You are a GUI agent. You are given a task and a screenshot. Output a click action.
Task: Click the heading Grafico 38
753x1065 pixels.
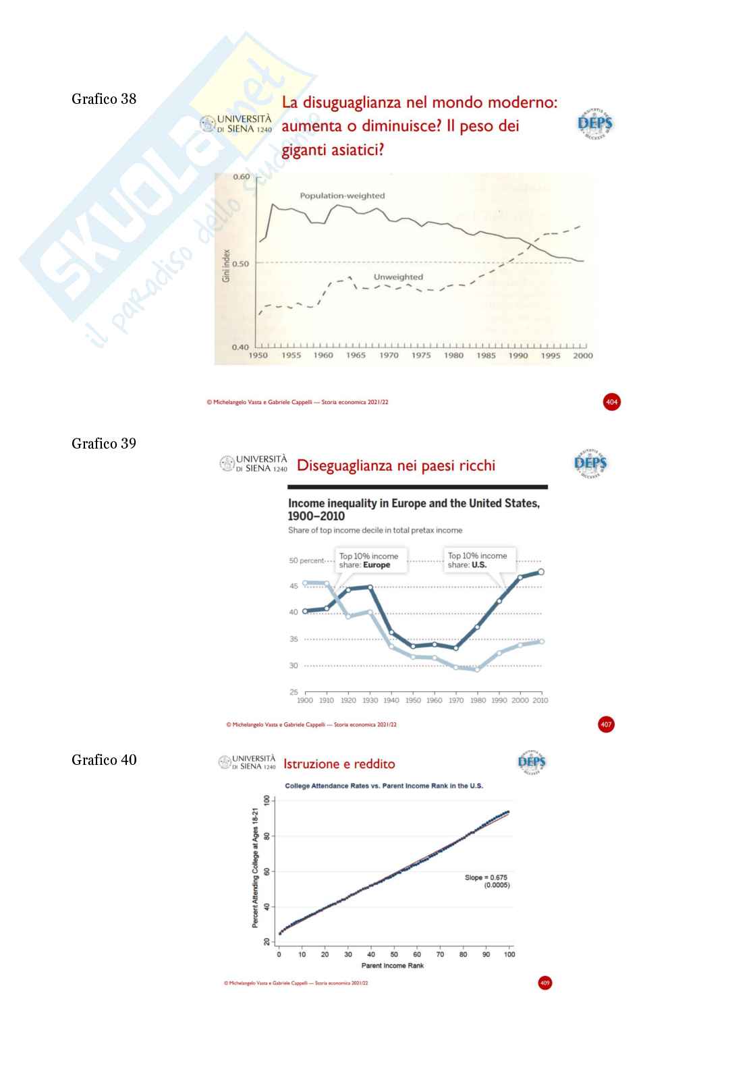pos(104,99)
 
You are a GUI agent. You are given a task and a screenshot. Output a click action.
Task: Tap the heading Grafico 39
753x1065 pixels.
pos(104,444)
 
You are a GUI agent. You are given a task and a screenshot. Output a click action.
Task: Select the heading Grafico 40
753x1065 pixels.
pos(104,760)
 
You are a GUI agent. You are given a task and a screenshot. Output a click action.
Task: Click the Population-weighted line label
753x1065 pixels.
pos(342,196)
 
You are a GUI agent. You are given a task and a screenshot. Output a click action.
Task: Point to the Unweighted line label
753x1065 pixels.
pos(398,277)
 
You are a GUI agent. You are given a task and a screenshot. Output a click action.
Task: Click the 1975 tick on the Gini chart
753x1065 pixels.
pos(421,355)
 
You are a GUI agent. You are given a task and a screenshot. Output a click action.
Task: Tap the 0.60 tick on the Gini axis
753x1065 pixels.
pos(241,177)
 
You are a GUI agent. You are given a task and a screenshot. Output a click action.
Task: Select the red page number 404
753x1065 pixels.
pos(611,402)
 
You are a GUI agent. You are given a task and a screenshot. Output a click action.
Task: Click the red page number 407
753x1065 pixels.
pos(606,724)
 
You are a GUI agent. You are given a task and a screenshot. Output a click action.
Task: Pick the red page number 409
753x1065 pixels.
pos(545,983)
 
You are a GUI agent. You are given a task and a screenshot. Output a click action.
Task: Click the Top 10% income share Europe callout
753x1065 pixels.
pos(368,560)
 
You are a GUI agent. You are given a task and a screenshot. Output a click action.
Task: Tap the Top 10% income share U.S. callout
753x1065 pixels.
pos(478,560)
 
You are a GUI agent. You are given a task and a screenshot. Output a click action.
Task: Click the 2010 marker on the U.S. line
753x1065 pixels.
pos(540,572)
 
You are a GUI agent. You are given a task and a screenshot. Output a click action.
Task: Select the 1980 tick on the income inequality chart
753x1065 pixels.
pos(478,700)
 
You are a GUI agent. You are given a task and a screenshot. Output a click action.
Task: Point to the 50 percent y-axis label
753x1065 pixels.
pos(306,560)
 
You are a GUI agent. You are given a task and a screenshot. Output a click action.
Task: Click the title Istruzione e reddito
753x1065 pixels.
pos(339,764)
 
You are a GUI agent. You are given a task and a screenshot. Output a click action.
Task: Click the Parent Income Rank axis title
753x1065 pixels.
pos(393,966)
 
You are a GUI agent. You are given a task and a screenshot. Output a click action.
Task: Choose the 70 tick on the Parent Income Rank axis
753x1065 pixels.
pos(440,954)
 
